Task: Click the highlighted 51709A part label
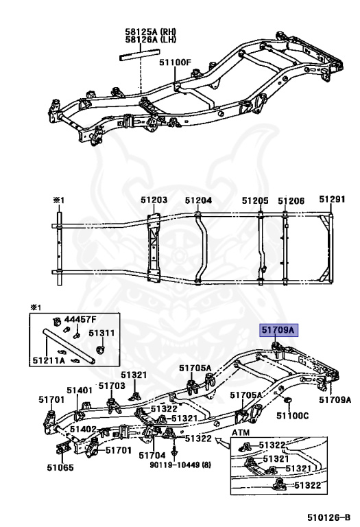point(278,330)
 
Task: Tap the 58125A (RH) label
point(150,32)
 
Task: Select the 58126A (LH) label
point(150,40)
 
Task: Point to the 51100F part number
point(175,62)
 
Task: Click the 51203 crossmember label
point(154,200)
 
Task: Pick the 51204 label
point(198,200)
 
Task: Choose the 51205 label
point(255,200)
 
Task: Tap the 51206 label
point(291,201)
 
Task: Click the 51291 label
point(332,199)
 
